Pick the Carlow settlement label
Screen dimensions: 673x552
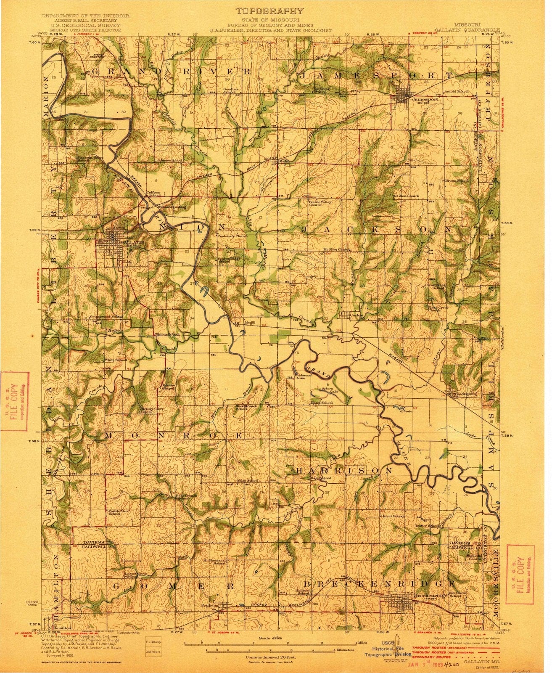click(x=357, y=315)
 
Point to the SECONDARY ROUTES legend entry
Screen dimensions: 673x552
click(x=433, y=657)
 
